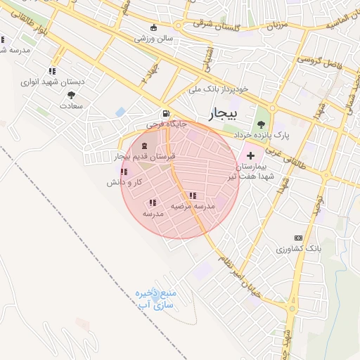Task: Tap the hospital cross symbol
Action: [x=251, y=154]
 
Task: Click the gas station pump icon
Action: [x=165, y=113]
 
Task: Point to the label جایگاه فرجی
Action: [x=167, y=124]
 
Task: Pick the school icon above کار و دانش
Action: [x=124, y=172]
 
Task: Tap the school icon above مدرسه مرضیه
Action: [x=193, y=195]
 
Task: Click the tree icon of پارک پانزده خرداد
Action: [x=262, y=124]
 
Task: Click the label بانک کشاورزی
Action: [x=298, y=249]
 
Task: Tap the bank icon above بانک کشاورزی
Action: [x=298, y=238]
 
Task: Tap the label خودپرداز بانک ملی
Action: [x=219, y=91]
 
